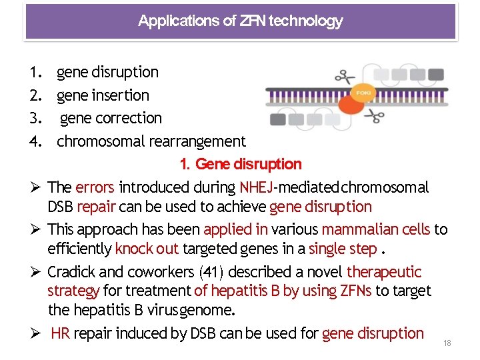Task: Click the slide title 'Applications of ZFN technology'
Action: click(x=240, y=21)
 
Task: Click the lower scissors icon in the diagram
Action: click(x=375, y=117)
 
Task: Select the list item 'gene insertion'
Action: click(x=103, y=95)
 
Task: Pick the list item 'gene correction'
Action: click(x=111, y=118)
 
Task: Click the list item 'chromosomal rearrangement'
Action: click(x=151, y=141)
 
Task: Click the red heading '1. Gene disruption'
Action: click(x=241, y=164)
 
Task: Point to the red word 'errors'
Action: click(x=95, y=187)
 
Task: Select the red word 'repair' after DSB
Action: click(x=97, y=207)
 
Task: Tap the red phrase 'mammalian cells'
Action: click(x=376, y=229)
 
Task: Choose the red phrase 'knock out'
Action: click(x=142, y=249)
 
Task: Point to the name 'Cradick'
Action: click(x=73, y=272)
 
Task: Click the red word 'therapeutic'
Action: click(x=384, y=272)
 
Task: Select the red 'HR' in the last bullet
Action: click(x=60, y=333)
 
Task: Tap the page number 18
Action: click(x=447, y=343)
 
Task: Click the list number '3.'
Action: click(x=37, y=118)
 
